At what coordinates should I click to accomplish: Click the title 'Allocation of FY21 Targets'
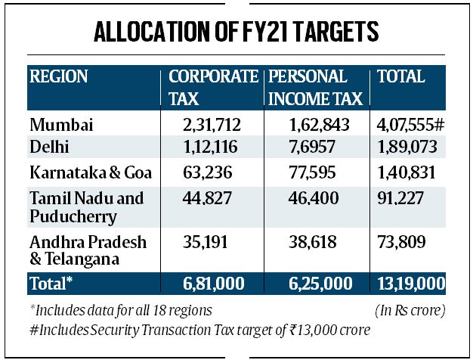tap(236, 34)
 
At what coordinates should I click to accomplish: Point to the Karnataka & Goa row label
tap(91, 172)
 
